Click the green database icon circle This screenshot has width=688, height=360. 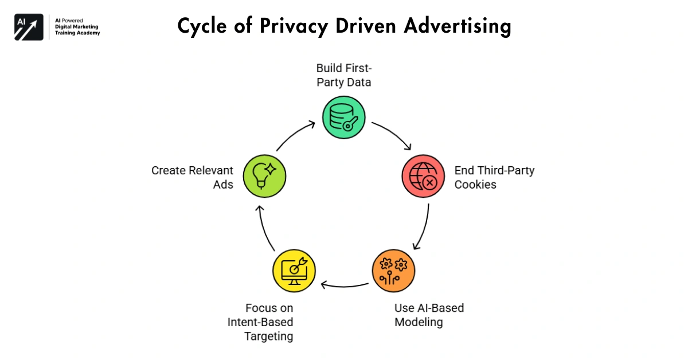tap(343, 118)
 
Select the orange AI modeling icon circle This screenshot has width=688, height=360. tap(393, 270)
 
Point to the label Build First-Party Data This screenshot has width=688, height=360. tap(343, 76)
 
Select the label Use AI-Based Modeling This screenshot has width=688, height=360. tap(429, 315)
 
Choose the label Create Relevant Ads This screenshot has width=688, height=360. tap(192, 177)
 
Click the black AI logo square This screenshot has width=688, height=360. tap(29, 27)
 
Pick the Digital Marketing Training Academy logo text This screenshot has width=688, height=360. tap(77, 27)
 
